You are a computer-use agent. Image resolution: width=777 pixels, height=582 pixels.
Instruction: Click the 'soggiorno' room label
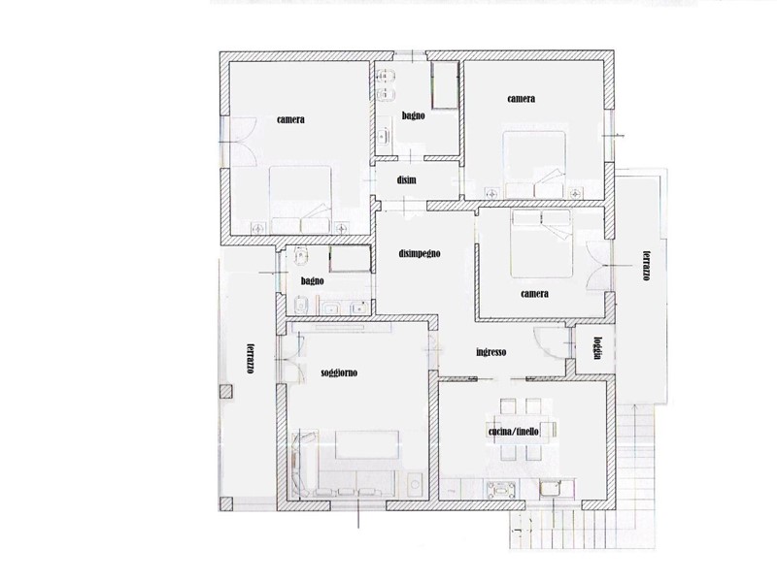(x=339, y=372)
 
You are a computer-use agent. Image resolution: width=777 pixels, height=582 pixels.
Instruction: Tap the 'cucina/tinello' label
(x=514, y=432)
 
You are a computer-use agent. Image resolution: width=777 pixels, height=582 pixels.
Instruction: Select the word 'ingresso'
(x=491, y=352)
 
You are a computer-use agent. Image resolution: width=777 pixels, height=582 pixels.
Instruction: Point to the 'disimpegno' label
(x=420, y=253)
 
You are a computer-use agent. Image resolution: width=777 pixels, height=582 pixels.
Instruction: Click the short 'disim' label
(x=406, y=180)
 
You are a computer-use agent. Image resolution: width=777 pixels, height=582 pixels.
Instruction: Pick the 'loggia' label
(x=598, y=348)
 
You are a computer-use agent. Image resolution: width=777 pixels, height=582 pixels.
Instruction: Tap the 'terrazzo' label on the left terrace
(x=252, y=358)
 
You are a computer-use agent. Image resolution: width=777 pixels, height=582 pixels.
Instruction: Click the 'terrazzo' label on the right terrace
(x=646, y=266)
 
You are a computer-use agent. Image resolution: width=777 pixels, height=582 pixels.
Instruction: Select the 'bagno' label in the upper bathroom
(x=414, y=115)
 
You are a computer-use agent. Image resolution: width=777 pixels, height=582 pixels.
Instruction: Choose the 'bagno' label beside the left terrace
(x=312, y=281)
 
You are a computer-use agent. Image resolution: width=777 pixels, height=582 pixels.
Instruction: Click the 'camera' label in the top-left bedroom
(x=290, y=119)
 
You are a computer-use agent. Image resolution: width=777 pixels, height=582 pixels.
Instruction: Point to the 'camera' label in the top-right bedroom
(x=522, y=99)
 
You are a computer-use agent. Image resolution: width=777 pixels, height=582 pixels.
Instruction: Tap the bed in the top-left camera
(x=300, y=200)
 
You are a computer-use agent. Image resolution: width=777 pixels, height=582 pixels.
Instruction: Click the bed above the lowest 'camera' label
(x=542, y=243)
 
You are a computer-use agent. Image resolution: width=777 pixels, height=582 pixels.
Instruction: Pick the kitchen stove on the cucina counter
(x=502, y=490)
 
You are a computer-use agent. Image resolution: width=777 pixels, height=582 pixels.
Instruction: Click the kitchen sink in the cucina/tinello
(x=550, y=489)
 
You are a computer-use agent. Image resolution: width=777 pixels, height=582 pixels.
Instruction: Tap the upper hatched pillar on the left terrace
(x=225, y=392)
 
